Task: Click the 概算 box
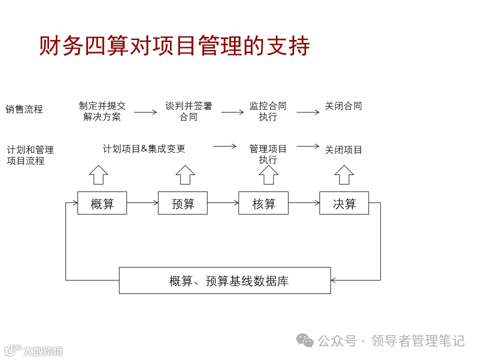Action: pyautogui.click(x=102, y=203)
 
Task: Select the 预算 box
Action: pyautogui.click(x=182, y=203)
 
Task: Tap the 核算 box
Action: pyautogui.click(x=263, y=203)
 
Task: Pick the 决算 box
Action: pyautogui.click(x=344, y=203)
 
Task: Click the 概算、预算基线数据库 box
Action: pyautogui.click(x=224, y=280)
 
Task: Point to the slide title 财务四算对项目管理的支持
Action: pyautogui.click(x=174, y=46)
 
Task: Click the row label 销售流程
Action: pyautogui.click(x=24, y=109)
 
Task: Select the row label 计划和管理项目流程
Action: pyautogui.click(x=30, y=155)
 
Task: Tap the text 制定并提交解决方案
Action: pyautogui.click(x=102, y=111)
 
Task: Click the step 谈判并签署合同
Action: pyautogui.click(x=188, y=111)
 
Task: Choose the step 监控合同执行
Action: pyautogui.click(x=268, y=111)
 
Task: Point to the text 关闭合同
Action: pyautogui.click(x=343, y=106)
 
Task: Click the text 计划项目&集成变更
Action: pyautogui.click(x=144, y=149)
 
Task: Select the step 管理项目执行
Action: pyautogui.click(x=268, y=154)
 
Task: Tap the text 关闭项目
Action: pyautogui.click(x=343, y=150)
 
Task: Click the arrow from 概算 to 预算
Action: pyautogui.click(x=142, y=203)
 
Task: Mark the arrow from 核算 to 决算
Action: pyautogui.click(x=304, y=203)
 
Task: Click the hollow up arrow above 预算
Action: pyautogui.click(x=185, y=174)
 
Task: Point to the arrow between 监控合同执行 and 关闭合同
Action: pyautogui.click(x=308, y=112)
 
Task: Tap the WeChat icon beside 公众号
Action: pyautogui.click(x=305, y=340)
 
